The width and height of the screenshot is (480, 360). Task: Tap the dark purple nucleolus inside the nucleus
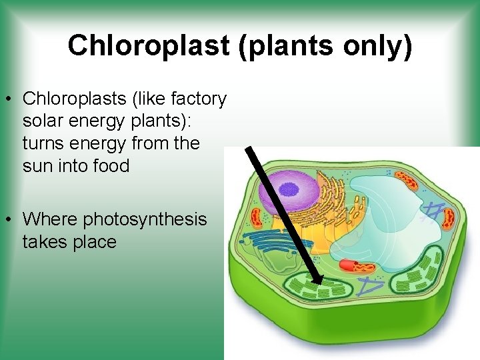point(289,189)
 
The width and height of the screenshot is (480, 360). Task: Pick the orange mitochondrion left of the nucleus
point(257,217)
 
